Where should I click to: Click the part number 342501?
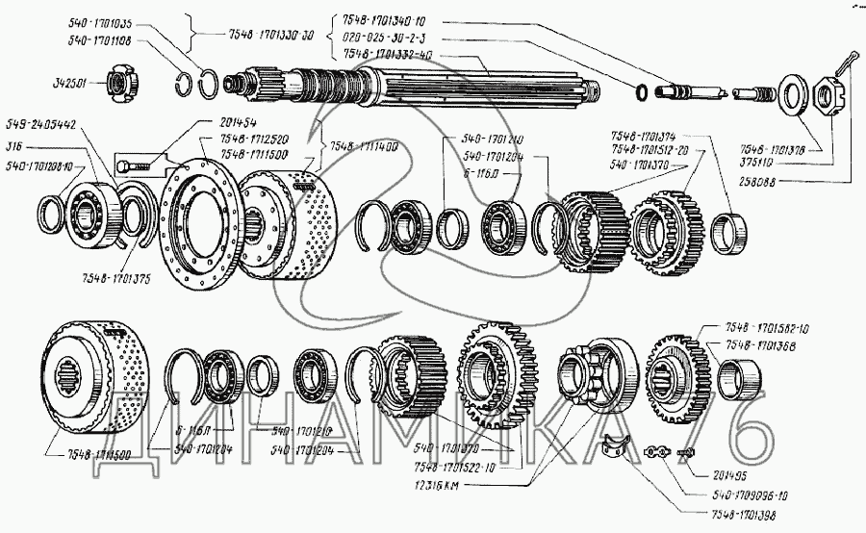(65, 84)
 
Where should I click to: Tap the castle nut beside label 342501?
(118, 85)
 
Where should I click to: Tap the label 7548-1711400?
(365, 146)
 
